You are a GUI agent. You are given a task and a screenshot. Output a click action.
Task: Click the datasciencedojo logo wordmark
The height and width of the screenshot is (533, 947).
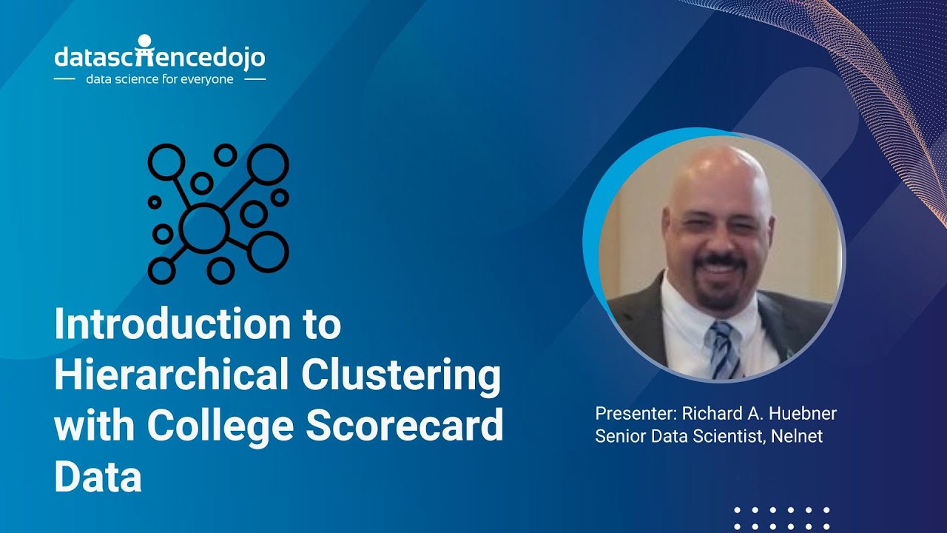coord(159,57)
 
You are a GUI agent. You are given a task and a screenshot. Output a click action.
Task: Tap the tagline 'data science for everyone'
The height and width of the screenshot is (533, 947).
coord(160,79)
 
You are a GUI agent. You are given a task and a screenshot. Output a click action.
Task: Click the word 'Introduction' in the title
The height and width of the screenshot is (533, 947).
coord(168,324)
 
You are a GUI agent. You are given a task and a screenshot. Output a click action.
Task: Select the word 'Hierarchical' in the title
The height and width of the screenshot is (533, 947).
coord(171,375)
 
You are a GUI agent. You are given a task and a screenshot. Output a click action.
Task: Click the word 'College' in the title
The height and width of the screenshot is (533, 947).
coord(220,426)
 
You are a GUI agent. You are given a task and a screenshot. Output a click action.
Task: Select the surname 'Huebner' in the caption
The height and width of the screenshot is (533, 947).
coord(803,413)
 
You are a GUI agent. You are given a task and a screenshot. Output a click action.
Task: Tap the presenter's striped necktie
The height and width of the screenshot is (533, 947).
coord(724,348)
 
